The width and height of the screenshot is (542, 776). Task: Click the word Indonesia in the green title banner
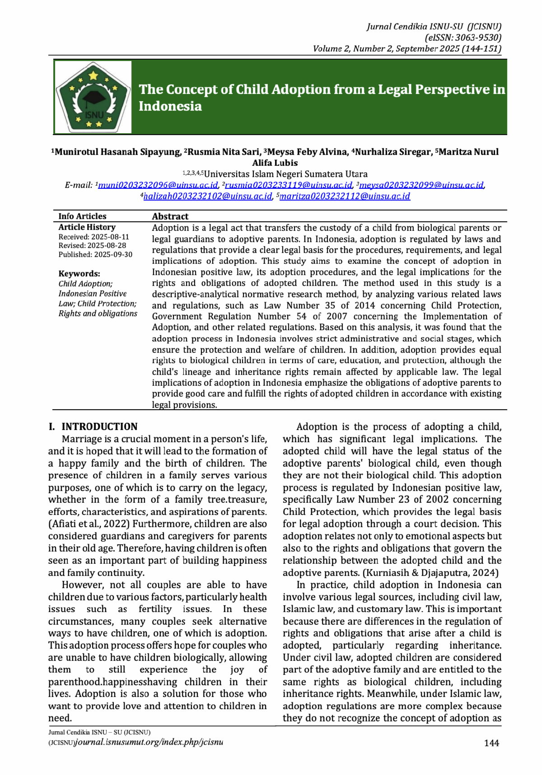(x=170, y=106)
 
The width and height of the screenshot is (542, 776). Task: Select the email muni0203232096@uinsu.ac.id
(x=158, y=185)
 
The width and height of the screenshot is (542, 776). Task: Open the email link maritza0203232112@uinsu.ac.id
(x=345, y=196)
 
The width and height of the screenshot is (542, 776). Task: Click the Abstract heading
(x=170, y=216)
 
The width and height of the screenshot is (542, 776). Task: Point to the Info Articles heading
(x=82, y=216)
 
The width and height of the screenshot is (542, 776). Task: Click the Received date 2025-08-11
(x=110, y=237)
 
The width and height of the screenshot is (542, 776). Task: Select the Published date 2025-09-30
(x=113, y=255)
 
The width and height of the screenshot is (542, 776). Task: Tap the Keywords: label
(x=79, y=274)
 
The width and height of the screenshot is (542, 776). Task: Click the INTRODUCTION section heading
(x=99, y=427)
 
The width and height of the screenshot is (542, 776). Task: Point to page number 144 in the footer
(x=491, y=743)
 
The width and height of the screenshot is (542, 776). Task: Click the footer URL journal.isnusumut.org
(x=149, y=742)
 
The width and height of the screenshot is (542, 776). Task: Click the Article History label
(x=87, y=227)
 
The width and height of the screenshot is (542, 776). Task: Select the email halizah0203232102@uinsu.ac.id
(x=208, y=196)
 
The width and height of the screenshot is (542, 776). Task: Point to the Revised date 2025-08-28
(x=107, y=246)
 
